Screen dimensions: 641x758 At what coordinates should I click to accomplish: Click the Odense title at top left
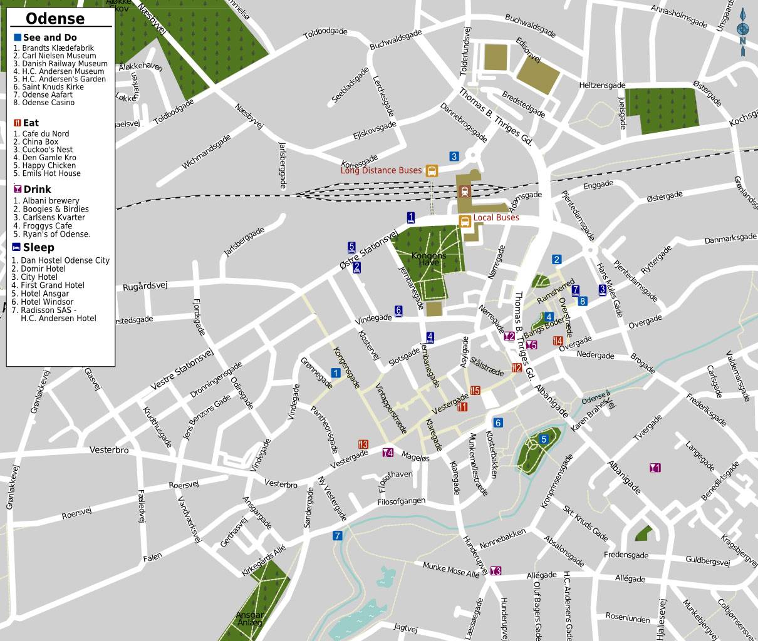click(55, 18)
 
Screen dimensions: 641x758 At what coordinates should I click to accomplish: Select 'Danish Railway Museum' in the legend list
click(65, 64)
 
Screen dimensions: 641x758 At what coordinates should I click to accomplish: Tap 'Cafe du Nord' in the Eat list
click(45, 134)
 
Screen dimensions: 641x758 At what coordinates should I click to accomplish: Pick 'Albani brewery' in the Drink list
click(51, 201)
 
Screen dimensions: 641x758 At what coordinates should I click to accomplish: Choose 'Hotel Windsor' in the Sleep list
click(47, 302)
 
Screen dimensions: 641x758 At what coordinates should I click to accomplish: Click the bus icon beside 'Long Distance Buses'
click(432, 170)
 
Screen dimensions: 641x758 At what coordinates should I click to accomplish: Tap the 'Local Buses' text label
click(496, 218)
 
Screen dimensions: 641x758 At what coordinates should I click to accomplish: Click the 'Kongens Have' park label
click(429, 259)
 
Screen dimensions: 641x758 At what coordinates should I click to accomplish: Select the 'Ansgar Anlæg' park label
click(249, 618)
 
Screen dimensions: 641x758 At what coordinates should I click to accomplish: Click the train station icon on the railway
click(465, 191)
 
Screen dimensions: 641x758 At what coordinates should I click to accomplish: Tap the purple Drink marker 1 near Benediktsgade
click(655, 468)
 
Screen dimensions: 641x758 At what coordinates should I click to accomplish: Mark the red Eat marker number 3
click(363, 444)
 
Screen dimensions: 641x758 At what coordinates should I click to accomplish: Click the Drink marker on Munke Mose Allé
click(496, 570)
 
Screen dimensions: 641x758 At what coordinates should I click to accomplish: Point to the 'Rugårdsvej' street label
click(145, 286)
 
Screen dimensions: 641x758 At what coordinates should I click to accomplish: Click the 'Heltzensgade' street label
click(602, 85)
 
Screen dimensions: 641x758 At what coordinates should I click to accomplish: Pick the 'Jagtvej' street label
click(405, 627)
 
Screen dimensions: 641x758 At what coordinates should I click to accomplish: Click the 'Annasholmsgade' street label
click(679, 17)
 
